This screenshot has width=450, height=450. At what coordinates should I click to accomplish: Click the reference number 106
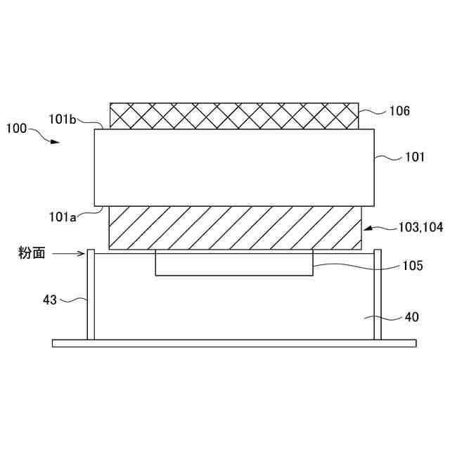(399, 111)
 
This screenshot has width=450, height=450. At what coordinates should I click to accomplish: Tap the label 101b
(63, 120)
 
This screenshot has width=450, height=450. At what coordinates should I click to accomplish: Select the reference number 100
(17, 128)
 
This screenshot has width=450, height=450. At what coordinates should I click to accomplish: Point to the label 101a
(63, 217)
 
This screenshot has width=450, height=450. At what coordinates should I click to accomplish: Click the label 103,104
(420, 227)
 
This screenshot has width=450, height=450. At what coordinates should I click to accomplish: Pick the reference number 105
(413, 266)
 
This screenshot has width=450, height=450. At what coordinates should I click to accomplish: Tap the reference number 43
(50, 300)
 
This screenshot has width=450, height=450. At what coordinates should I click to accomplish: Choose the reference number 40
(412, 317)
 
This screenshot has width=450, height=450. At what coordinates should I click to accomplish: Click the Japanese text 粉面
(32, 253)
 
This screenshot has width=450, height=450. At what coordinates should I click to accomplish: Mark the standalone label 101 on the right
(415, 157)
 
